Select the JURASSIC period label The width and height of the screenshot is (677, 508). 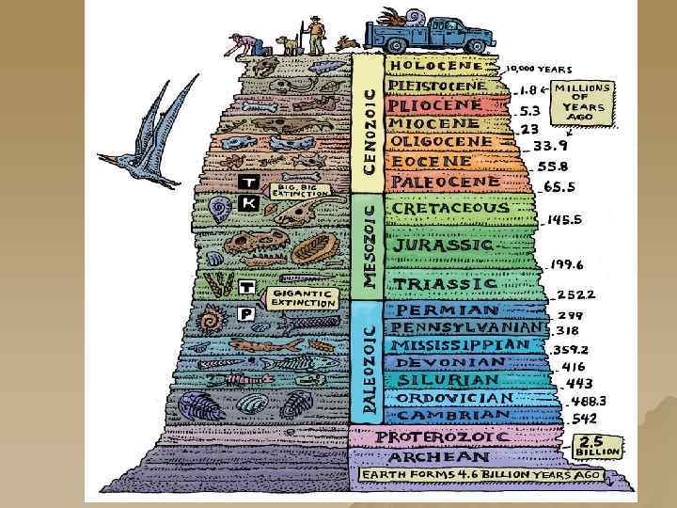(x=444, y=244)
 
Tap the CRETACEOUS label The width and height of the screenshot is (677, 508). (x=450, y=207)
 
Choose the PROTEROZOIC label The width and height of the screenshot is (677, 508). (x=443, y=437)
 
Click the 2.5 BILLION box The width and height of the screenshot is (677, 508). (x=598, y=444)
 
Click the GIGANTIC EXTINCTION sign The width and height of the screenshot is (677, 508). (x=303, y=298)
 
